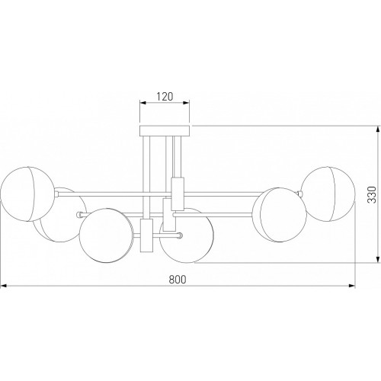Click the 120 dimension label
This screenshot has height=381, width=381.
click(165, 97)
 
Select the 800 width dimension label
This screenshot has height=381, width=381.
click(178, 280)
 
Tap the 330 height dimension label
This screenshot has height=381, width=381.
click(372, 194)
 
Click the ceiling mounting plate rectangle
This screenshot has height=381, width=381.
click(165, 130)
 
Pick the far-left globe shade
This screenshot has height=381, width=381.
click(27, 194)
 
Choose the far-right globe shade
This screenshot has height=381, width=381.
click(328, 194)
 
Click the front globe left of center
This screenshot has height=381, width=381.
click(106, 235)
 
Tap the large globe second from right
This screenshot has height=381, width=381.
click(280, 215)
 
